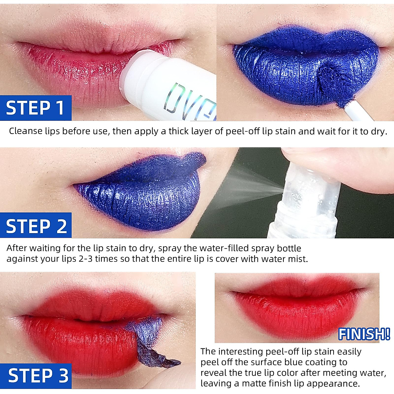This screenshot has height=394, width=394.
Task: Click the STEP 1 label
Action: point(35,108)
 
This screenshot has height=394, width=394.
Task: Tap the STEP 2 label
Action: point(36,226)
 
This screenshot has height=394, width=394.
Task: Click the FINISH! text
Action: point(364,334)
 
